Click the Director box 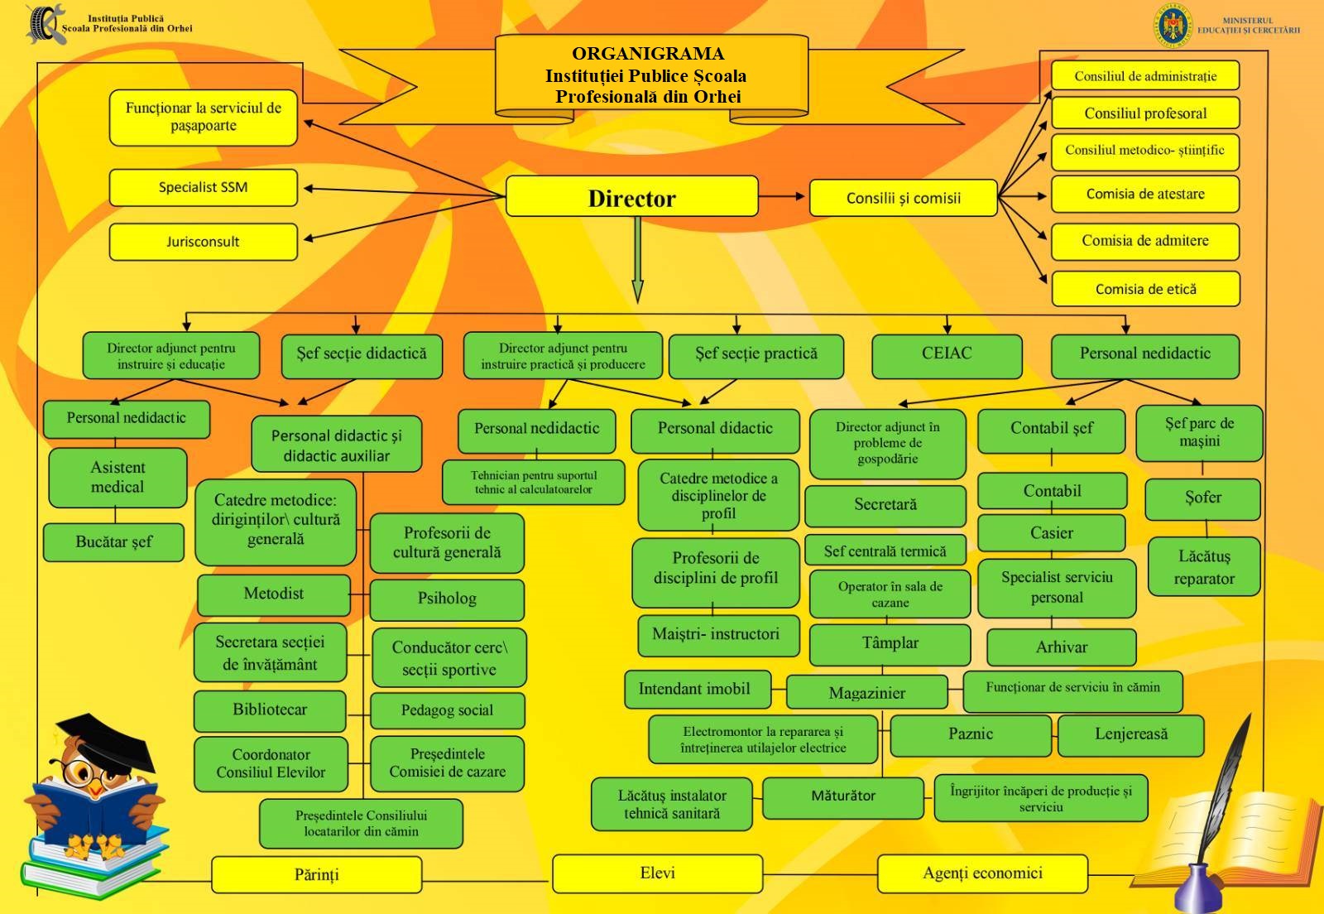[631, 197]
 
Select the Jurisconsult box [203, 242]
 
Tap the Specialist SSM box [203, 188]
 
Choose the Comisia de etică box [1145, 289]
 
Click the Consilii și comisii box [903, 198]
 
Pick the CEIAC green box [947, 354]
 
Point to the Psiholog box [447, 599]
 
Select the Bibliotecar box [270, 710]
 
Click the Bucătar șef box [114, 542]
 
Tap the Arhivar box [1061, 647]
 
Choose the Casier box [1051, 533]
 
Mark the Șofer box [1202, 498]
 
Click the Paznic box [970, 734]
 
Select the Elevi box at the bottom [657, 873]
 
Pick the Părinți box [316, 875]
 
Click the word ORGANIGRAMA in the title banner [648, 54]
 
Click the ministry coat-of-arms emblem [1176, 26]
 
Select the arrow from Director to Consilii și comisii [782, 197]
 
